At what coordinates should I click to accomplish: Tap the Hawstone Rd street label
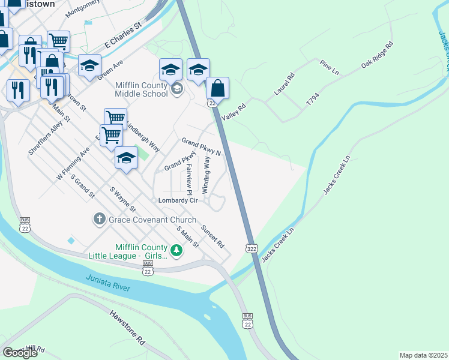(128, 328)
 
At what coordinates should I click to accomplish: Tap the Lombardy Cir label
(178, 200)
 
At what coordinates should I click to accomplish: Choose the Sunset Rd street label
(212, 236)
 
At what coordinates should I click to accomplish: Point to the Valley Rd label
(234, 110)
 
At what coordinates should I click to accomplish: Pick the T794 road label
(313, 99)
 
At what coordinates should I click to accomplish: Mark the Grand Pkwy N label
(202, 146)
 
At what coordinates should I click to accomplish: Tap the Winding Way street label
(206, 175)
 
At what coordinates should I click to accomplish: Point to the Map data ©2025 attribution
(423, 355)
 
